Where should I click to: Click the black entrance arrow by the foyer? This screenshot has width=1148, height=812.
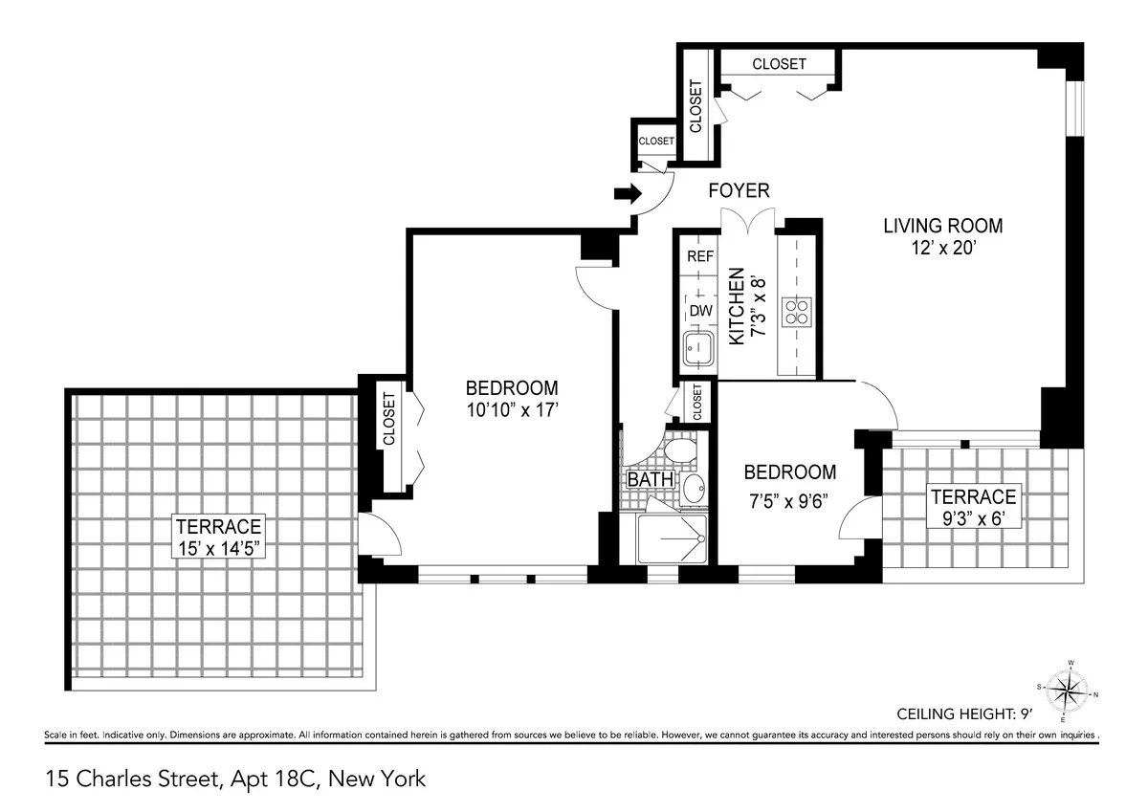coord(627,194)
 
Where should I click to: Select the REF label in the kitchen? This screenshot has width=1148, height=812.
coord(701,256)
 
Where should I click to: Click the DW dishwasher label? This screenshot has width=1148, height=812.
coord(701,311)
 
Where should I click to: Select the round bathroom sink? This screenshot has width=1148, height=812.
coord(694,488)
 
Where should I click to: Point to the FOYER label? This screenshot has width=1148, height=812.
coord(739,191)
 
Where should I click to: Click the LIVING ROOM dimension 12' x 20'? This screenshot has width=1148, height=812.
coord(942,248)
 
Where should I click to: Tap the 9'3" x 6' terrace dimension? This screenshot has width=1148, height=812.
coord(973,520)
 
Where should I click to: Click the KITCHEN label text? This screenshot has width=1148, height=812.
coord(737,306)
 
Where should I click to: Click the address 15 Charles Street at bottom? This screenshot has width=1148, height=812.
coord(234,779)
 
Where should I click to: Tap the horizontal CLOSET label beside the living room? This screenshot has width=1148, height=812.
coord(779,64)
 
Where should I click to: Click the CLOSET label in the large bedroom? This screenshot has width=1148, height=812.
coord(388,418)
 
